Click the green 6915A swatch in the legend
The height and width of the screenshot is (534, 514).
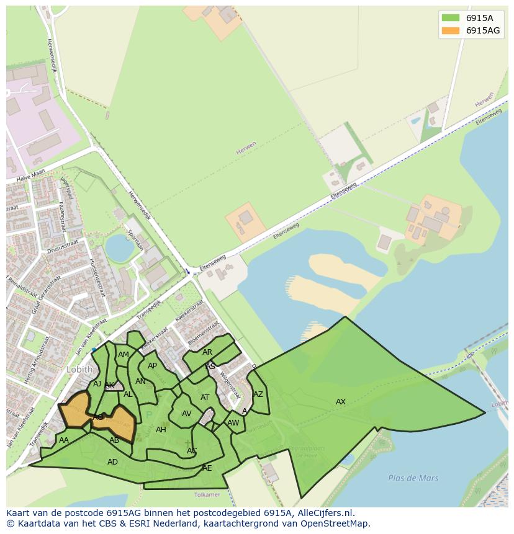click(450, 18)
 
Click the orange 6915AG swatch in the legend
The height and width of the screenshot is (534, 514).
click(450, 30)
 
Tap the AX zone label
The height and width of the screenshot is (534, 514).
click(341, 402)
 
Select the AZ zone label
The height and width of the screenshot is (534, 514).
click(258, 394)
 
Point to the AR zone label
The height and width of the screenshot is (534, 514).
click(207, 352)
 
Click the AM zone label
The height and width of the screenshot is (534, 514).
click(124, 355)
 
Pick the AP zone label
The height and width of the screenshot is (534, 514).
click(152, 366)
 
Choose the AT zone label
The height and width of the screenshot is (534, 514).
click(205, 398)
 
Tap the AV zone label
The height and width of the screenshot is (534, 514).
click(186, 414)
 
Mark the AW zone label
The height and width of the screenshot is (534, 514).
click(233, 423)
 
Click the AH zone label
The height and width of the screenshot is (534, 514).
click(161, 430)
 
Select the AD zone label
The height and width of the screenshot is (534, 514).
click(112, 462)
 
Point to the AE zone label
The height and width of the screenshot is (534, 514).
click(207, 468)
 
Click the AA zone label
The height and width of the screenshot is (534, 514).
click(63, 440)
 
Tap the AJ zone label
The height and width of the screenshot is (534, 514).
click(97, 384)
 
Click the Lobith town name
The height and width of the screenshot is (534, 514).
click(79, 370)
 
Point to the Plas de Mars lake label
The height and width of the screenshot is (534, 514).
click(413, 478)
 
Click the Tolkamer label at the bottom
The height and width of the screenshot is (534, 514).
click(207, 494)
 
